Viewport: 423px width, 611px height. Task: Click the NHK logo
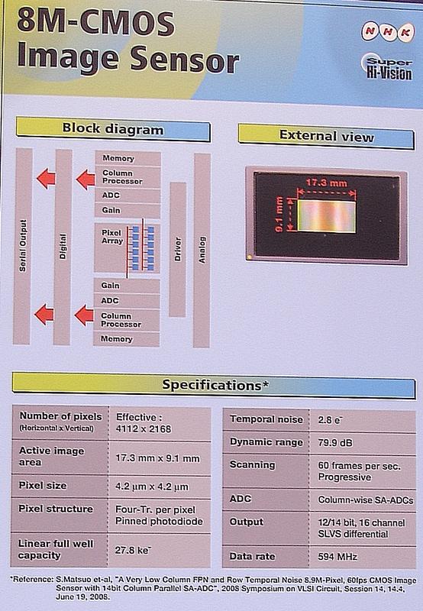tap(387, 31)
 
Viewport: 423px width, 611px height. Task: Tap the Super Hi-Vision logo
tap(388, 67)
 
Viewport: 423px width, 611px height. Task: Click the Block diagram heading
tap(113, 128)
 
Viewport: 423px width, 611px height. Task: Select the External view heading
tap(326, 135)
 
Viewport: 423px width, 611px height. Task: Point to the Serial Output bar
tap(23, 246)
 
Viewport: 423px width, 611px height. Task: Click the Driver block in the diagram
tap(178, 249)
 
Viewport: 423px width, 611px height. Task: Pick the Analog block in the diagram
tap(202, 250)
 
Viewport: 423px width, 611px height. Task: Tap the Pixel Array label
tap(112, 237)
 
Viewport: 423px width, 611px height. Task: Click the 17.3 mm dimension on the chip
tap(326, 183)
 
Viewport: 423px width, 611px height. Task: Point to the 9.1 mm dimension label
tap(279, 215)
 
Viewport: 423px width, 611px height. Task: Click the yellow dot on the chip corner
tap(249, 257)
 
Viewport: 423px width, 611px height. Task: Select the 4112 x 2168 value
tap(144, 429)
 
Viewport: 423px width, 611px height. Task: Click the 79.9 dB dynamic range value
tap(335, 443)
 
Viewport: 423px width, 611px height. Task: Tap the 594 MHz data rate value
tap(337, 557)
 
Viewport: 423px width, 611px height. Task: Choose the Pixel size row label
tap(43, 486)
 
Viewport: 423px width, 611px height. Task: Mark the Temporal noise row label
tap(266, 419)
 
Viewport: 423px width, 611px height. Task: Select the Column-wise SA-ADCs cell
tap(366, 500)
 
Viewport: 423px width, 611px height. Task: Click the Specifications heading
tap(215, 385)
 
